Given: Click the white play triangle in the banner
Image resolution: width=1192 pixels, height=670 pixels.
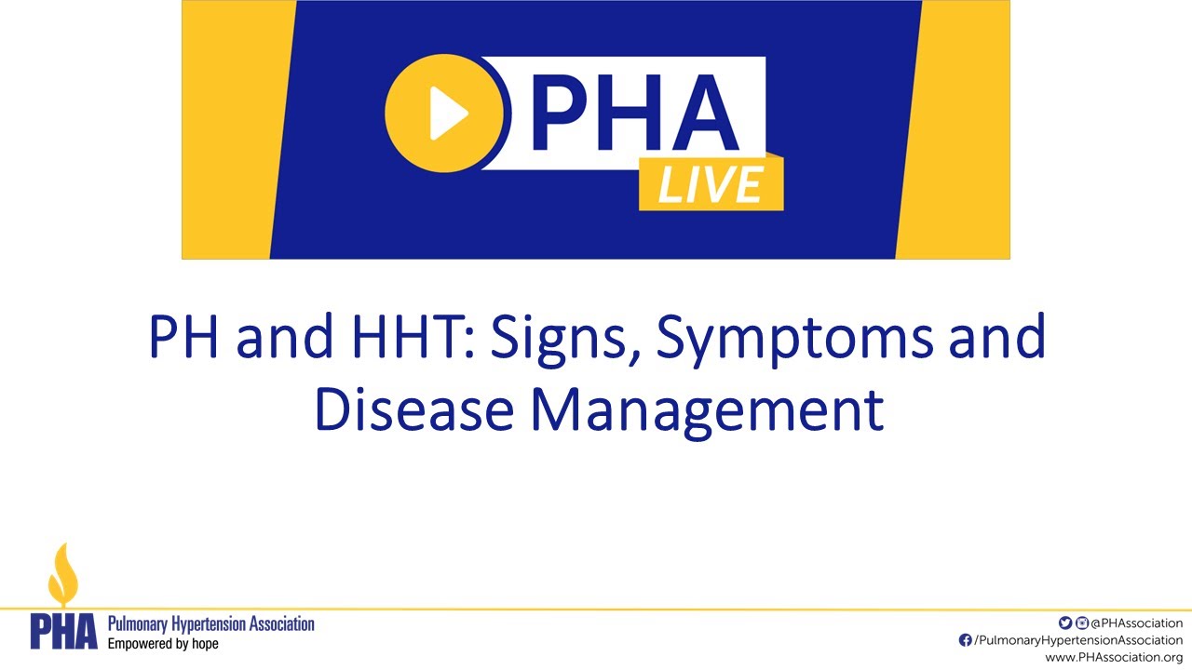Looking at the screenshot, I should [x=448, y=114].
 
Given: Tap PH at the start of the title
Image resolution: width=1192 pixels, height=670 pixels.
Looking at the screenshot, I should [x=186, y=339].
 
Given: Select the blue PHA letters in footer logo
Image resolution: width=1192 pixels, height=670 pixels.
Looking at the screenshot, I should [x=63, y=632].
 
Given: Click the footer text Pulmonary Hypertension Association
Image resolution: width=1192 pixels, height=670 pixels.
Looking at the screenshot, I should [x=211, y=623].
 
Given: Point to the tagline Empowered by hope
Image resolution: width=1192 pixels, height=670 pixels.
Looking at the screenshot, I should [x=163, y=643].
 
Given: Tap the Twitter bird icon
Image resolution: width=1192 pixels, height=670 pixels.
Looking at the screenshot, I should [x=1065, y=623].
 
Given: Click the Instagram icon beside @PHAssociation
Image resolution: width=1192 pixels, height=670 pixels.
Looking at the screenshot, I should [x=1082, y=623].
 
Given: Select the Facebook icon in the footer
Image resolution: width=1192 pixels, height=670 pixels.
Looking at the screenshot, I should [x=965, y=640].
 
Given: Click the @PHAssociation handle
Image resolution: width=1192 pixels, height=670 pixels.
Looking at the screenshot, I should [x=1136, y=623].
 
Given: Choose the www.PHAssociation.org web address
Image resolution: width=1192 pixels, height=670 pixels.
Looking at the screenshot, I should [x=1114, y=657].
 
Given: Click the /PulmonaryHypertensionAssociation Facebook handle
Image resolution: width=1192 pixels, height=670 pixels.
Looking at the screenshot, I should [x=1077, y=640].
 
